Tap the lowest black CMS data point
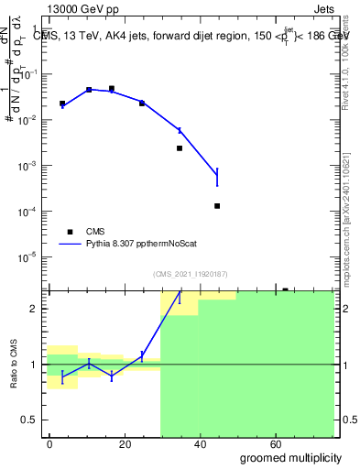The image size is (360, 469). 217,206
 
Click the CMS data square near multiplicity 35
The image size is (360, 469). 180,148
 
